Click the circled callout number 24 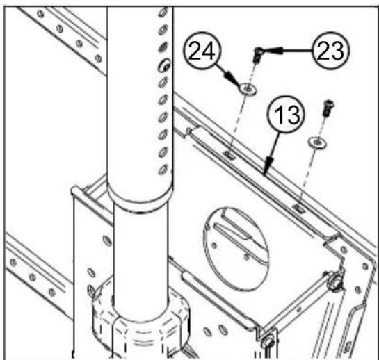202,51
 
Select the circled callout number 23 330,51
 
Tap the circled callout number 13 287,114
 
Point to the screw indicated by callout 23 257,55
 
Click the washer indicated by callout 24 248,89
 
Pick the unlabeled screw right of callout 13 328,108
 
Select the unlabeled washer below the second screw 317,142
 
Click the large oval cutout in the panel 236,249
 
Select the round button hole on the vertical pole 164,65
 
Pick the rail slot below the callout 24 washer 230,155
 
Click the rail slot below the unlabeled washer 299,208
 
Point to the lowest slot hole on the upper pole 163,170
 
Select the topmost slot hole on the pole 163,12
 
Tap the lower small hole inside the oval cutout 246,258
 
